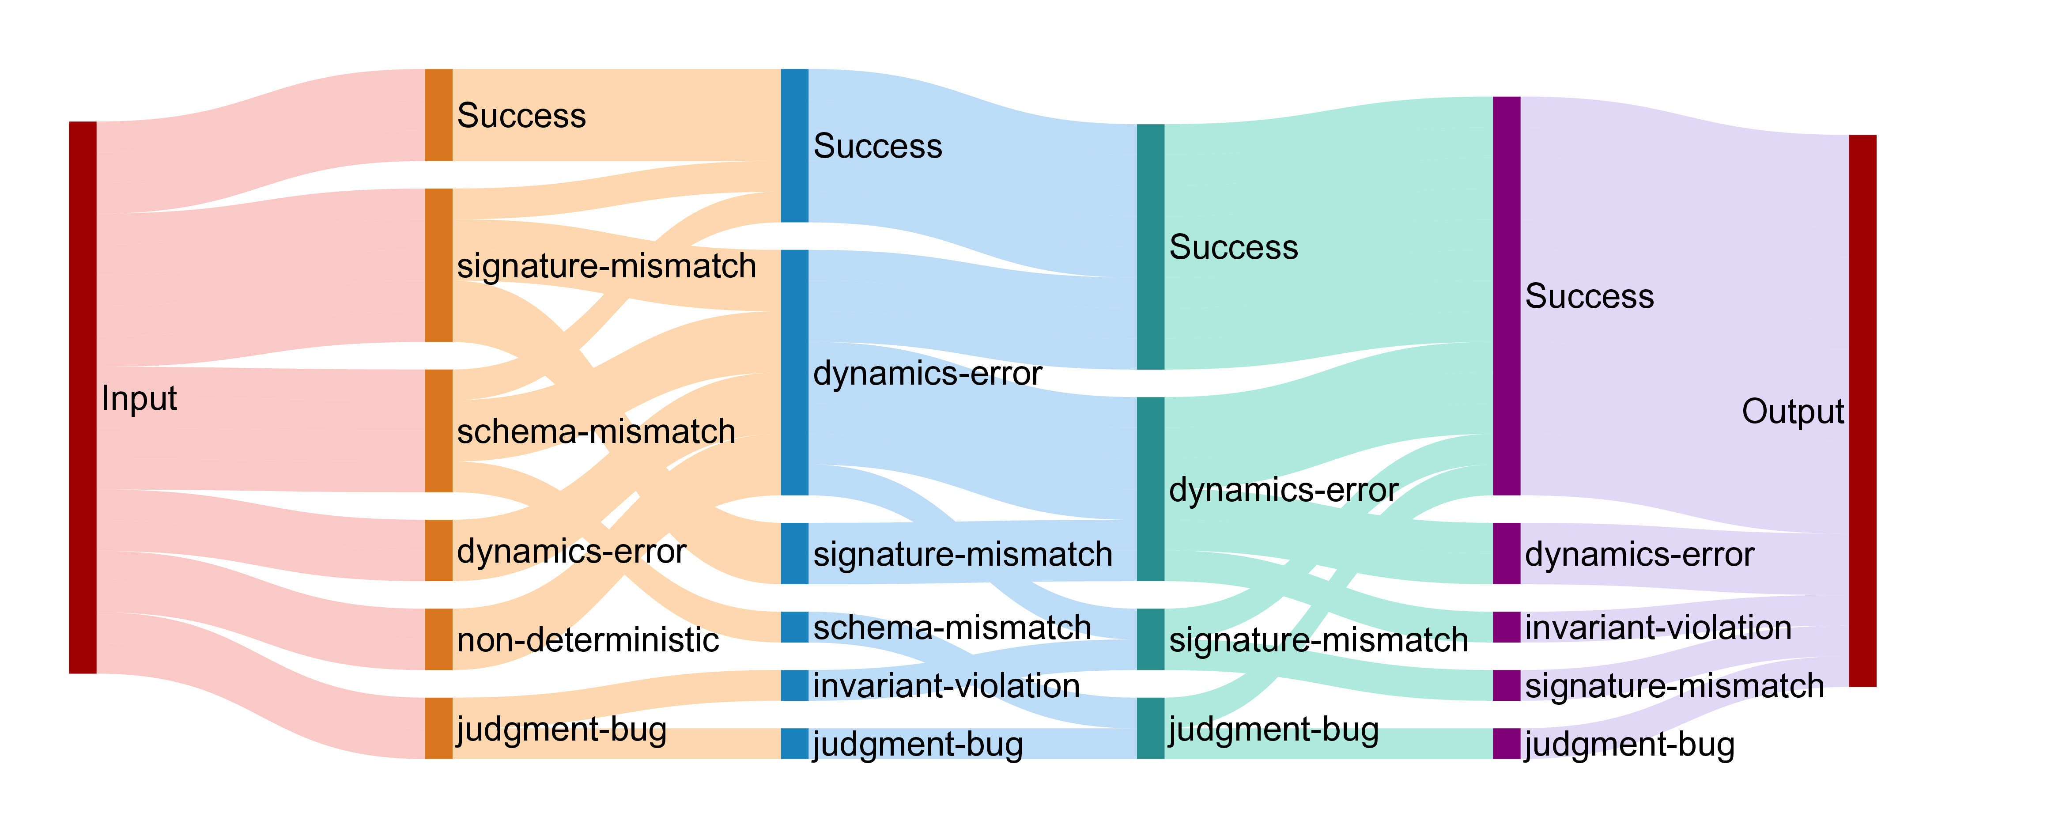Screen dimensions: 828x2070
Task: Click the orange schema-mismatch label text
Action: point(596,432)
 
